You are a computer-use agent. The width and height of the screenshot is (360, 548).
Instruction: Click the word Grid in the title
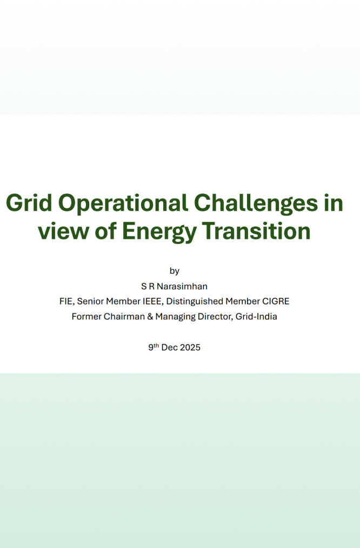point(29,203)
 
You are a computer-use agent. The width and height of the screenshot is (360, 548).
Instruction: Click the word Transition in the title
point(256,231)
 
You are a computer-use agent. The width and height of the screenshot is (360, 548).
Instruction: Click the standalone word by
point(174,271)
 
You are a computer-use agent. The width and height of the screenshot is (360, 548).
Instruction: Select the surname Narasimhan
point(182,286)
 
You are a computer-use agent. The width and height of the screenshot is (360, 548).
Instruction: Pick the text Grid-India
point(256,316)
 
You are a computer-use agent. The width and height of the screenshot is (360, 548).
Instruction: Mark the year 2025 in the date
point(190,347)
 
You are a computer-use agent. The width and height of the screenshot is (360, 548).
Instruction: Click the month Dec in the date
point(170,347)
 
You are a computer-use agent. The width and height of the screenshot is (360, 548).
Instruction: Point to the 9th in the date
point(154,347)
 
